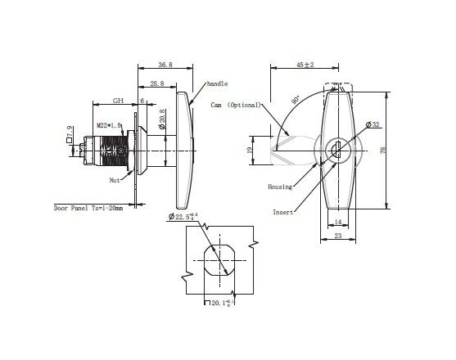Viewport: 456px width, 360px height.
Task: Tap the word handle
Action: pyautogui.click(x=217, y=83)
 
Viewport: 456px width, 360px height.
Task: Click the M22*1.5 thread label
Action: pyautogui.click(x=109, y=125)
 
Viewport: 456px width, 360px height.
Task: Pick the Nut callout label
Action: pyautogui.click(x=115, y=179)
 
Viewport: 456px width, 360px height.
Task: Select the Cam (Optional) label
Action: pyautogui.click(x=236, y=105)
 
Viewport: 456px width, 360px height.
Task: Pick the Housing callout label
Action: pyautogui.click(x=281, y=187)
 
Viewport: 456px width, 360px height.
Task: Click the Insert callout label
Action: pyautogui.click(x=283, y=211)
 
